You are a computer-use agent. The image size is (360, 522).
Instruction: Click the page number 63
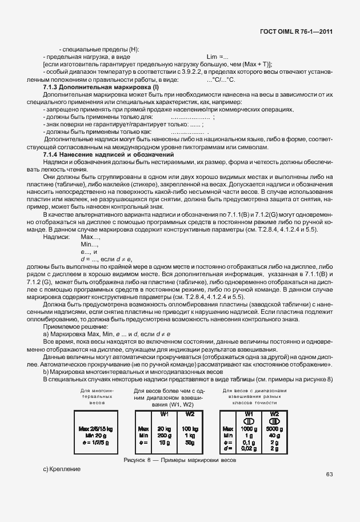[x=329, y=474]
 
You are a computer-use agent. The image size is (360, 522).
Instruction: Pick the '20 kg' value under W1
[x=164, y=428]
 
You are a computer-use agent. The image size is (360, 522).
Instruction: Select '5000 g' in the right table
[x=274, y=428]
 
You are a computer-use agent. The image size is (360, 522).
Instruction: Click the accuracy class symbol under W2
[x=274, y=421]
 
